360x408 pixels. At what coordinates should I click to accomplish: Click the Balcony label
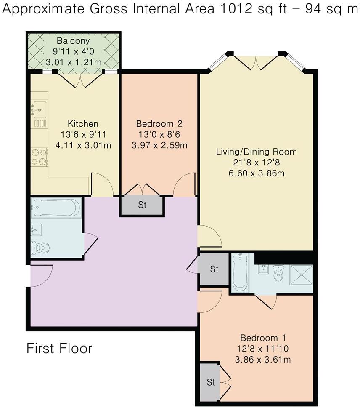pyautogui.click(x=73, y=41)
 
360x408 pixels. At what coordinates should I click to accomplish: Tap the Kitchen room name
pyautogui.click(x=83, y=124)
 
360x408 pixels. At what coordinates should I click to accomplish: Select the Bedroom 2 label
pyautogui.click(x=159, y=124)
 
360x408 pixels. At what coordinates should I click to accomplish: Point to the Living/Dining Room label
pyautogui.click(x=256, y=152)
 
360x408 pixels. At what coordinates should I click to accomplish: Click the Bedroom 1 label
pyautogui.click(x=263, y=338)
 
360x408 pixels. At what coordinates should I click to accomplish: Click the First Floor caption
pyautogui.click(x=60, y=349)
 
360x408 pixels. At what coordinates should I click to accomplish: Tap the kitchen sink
pyautogui.click(x=39, y=110)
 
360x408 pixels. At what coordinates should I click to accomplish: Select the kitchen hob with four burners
pyautogui.click(x=40, y=157)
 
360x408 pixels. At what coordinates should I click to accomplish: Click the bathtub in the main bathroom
pyautogui.click(x=56, y=208)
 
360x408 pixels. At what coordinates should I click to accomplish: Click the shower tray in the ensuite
pyautogui.click(x=301, y=275)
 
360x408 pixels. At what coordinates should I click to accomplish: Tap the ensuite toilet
pyautogui.click(x=278, y=273)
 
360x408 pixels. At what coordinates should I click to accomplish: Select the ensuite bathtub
pyautogui.click(x=240, y=273)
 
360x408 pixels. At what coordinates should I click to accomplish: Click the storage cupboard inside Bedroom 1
pyautogui.click(x=210, y=382)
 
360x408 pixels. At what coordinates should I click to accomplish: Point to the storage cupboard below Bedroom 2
pyautogui.click(x=142, y=205)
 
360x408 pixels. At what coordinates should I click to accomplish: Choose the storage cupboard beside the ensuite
pyautogui.click(x=214, y=269)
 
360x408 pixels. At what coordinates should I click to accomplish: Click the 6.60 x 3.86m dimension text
pyautogui.click(x=256, y=173)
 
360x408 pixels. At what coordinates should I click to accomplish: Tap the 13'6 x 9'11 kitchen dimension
pyautogui.click(x=83, y=134)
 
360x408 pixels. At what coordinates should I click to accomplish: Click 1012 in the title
pyautogui.click(x=236, y=9)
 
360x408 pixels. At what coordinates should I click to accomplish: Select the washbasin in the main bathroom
pyautogui.click(x=36, y=230)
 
